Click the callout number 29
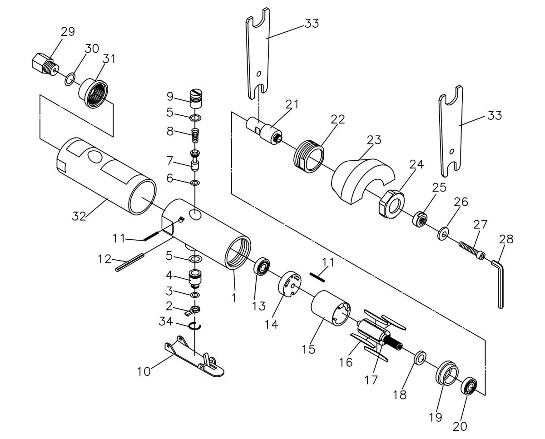click(68, 32)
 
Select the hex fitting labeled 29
click(45, 64)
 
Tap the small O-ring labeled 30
click(70, 79)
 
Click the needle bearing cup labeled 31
click(94, 94)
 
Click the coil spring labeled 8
click(195, 136)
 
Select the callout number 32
click(79, 217)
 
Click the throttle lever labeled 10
click(194, 356)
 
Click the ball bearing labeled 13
click(262, 267)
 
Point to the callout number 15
click(309, 350)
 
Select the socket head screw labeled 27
click(472, 251)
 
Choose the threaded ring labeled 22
click(309, 157)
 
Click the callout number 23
click(374, 140)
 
